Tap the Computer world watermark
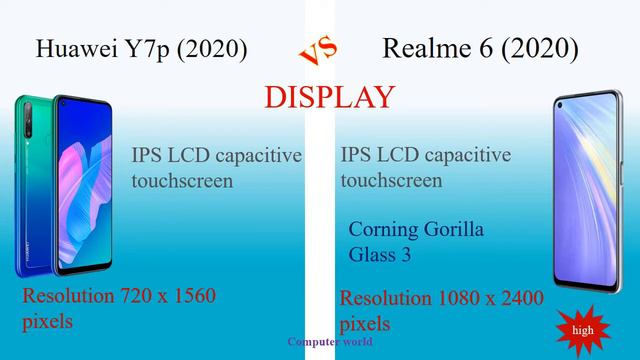[x=330, y=341]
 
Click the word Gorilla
[x=457, y=230]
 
